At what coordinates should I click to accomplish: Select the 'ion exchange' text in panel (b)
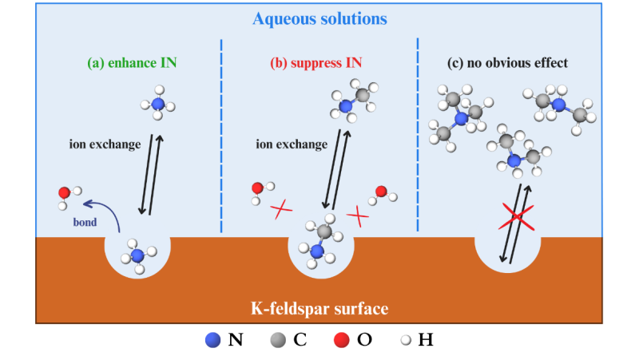[x=292, y=144]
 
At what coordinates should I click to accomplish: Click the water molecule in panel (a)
[x=67, y=195]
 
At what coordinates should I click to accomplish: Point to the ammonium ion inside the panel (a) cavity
[x=137, y=255]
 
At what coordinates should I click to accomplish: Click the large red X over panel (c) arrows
[x=517, y=216]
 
